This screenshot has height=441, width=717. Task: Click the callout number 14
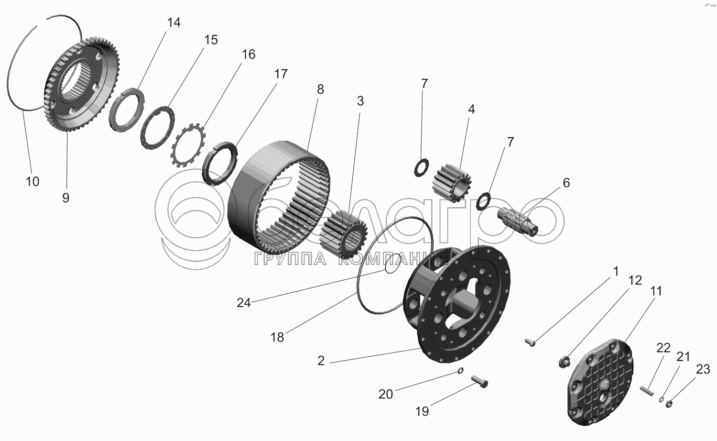click(x=174, y=22)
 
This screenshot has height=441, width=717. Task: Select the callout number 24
click(x=243, y=303)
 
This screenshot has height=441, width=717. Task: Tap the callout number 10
click(x=33, y=181)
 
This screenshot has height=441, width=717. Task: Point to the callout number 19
click(x=422, y=411)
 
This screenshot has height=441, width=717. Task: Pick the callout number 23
click(x=703, y=369)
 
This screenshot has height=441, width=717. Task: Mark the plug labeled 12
click(x=565, y=361)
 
